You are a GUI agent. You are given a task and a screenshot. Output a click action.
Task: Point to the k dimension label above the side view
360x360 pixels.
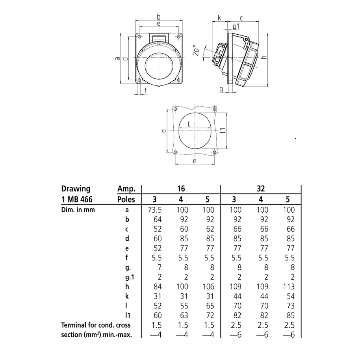coord(219,18)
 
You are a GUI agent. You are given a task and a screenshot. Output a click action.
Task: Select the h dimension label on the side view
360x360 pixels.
coord(264,57)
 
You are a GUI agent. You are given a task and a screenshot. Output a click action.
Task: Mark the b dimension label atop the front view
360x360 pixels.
coord(159,17)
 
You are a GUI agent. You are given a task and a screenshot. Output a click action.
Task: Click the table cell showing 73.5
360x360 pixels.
coord(147,210)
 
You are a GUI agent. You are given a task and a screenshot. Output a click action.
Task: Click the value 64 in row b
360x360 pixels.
coord(147,219)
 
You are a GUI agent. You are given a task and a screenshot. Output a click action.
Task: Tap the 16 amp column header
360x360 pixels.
coord(180,189)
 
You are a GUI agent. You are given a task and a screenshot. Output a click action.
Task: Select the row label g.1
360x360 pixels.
coord(127,277)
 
